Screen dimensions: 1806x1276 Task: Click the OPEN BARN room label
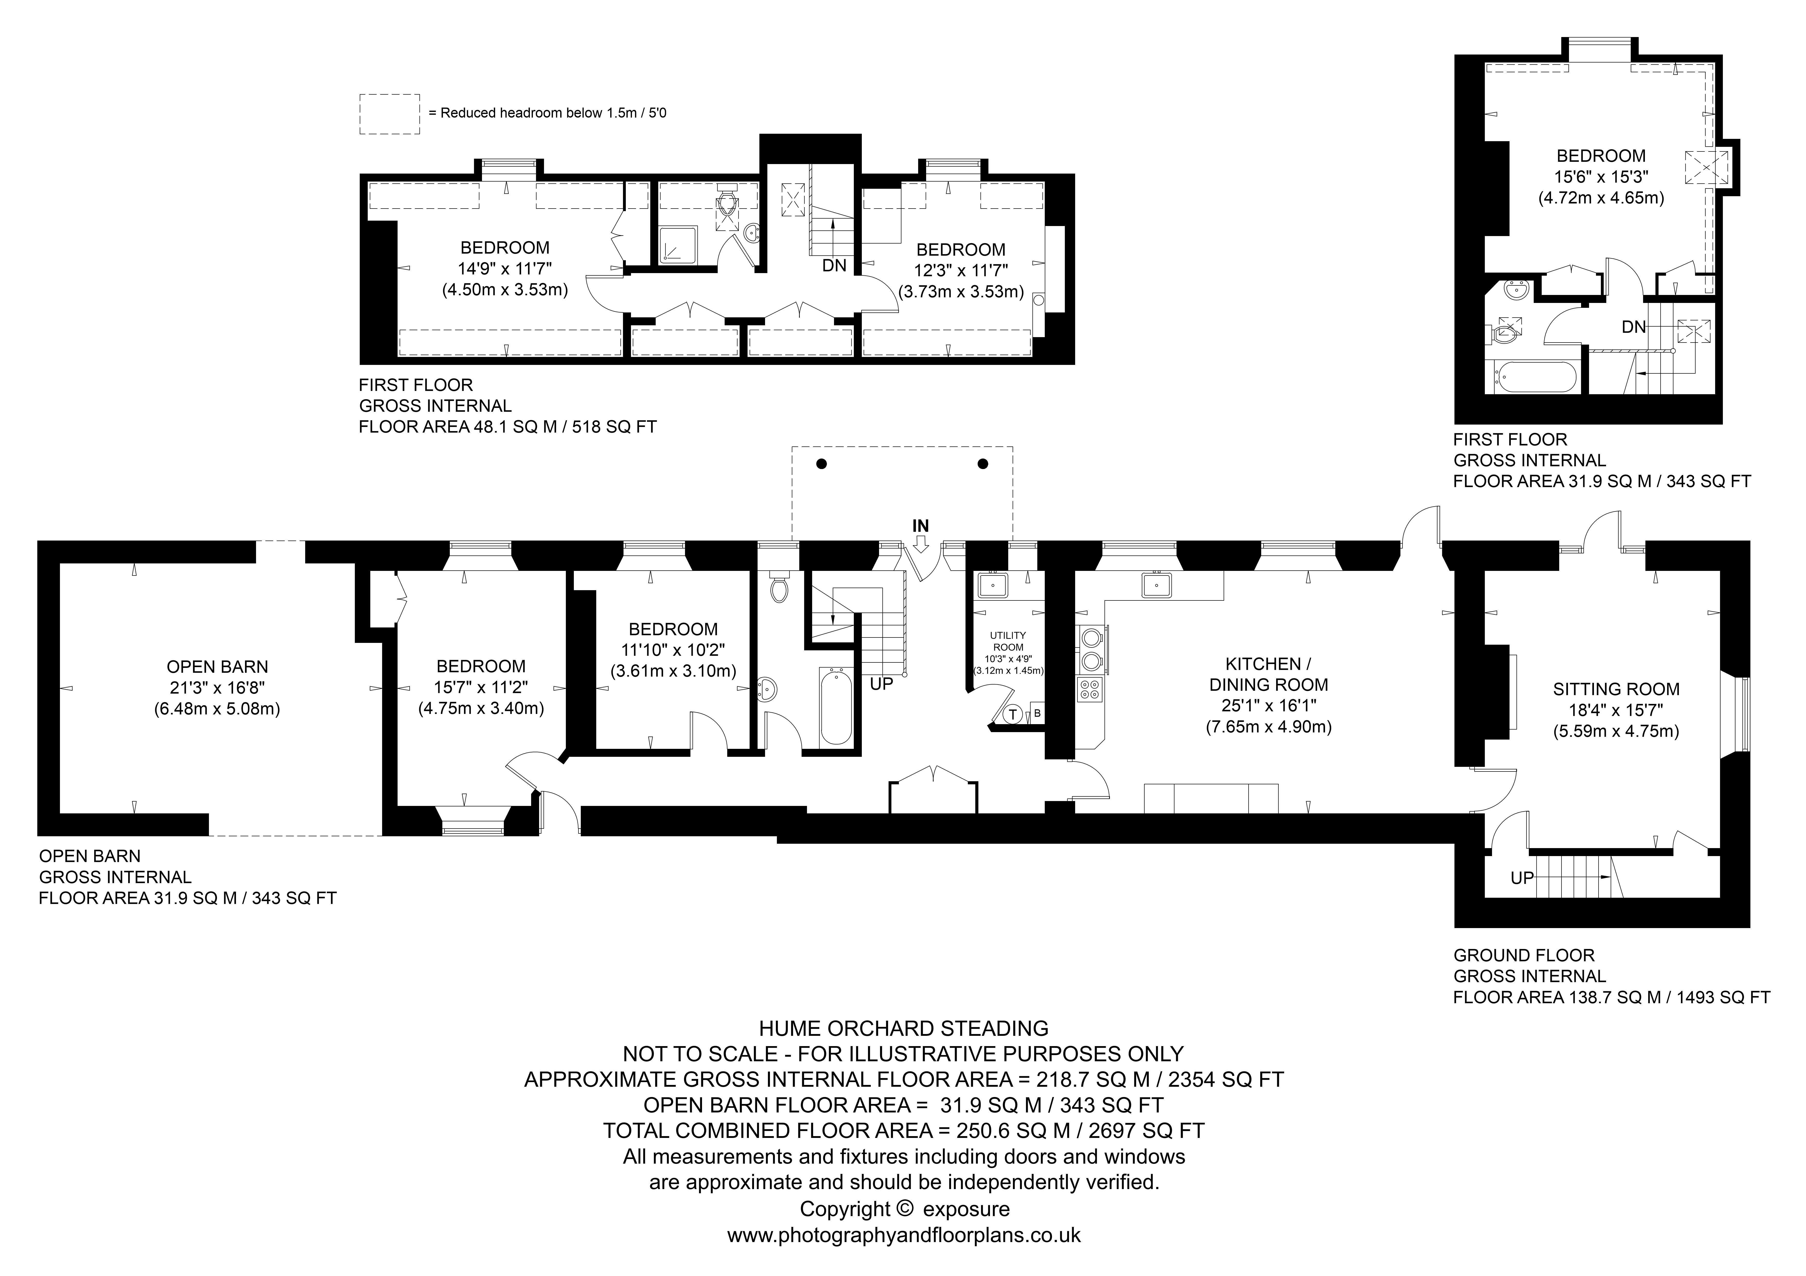(217, 667)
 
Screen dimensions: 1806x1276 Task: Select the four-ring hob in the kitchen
(1090, 689)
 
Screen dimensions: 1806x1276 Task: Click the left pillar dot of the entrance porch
(821, 464)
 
